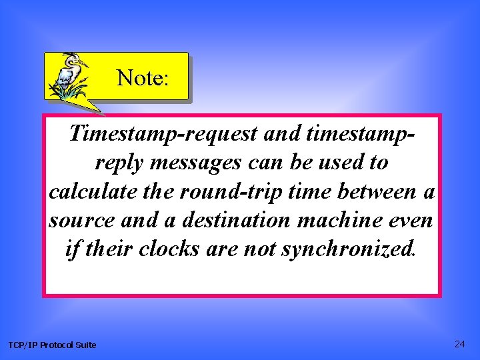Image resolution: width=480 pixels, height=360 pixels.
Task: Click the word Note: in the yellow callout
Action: coord(143,78)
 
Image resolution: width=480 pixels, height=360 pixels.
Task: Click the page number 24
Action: coord(459,344)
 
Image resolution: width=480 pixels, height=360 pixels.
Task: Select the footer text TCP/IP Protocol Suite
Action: coord(52,345)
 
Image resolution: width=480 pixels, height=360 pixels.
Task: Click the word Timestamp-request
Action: coord(163,134)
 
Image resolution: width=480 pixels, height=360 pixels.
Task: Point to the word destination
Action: coord(239,219)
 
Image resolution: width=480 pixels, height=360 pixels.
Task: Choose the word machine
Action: coord(349,219)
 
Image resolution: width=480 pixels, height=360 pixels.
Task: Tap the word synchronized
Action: coord(349,249)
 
